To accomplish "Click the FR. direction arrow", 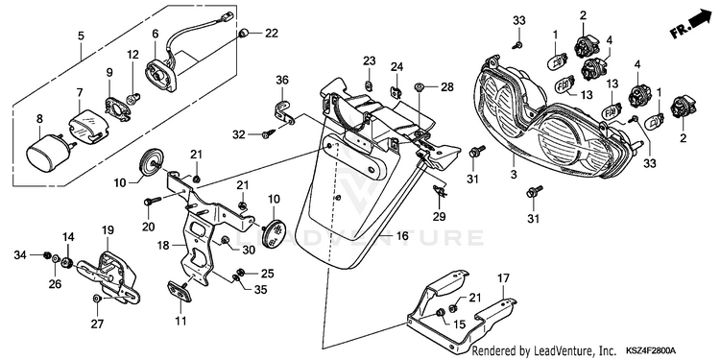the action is click(692, 24).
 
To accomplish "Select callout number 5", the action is click(81, 36).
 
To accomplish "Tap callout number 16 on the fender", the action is click(402, 236).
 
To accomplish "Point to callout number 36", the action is click(282, 80).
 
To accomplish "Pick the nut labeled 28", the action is click(419, 86).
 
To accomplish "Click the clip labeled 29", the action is click(441, 191).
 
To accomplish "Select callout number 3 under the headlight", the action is click(514, 175).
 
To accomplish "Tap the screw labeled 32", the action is click(267, 134).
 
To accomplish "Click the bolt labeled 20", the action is click(153, 201).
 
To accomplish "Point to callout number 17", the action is click(503, 277).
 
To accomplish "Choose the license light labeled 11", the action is click(180, 291).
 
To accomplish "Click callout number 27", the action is click(97, 324).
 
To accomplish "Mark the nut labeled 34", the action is click(46, 254).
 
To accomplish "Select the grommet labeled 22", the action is click(244, 33).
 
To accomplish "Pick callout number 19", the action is click(108, 230).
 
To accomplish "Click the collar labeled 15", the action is click(441, 313).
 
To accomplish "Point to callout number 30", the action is click(249, 249).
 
